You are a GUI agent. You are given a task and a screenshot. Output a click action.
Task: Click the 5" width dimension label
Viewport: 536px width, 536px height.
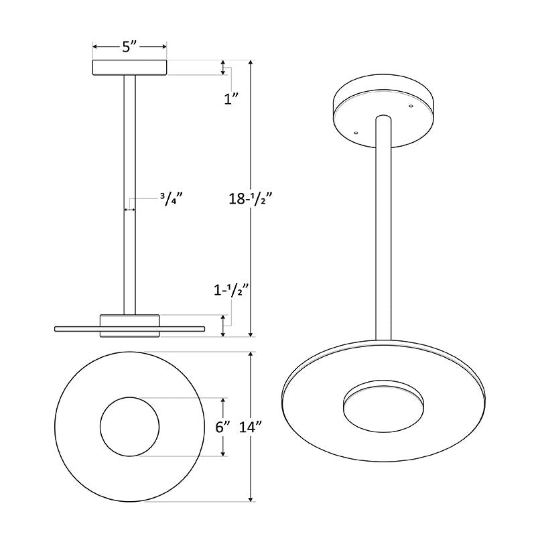[129, 46]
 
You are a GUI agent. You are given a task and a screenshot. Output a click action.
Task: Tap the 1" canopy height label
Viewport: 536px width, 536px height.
[231, 99]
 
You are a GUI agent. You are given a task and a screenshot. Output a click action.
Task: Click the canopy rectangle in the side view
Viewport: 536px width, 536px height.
[129, 68]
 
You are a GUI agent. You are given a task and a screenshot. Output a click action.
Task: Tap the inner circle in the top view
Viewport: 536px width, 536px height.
[129, 426]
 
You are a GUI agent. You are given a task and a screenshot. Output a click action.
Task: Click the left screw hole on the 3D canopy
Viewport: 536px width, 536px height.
[356, 132]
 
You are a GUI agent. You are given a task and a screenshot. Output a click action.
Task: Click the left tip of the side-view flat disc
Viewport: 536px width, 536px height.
[56, 328]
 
